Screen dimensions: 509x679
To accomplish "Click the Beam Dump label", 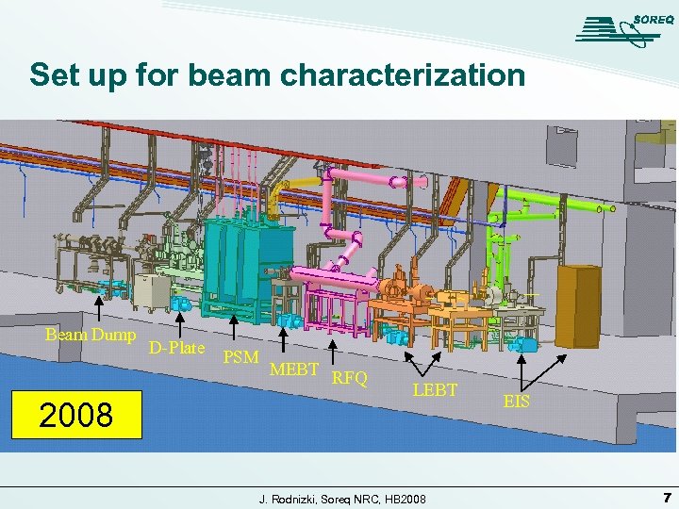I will (x=91, y=335).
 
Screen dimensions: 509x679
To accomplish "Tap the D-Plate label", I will (x=176, y=348).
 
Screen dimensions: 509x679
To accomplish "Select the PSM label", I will (x=240, y=357).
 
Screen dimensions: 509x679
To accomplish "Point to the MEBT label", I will (x=293, y=369).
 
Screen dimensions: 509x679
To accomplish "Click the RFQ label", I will (x=349, y=379).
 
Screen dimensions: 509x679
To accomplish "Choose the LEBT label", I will (x=435, y=389).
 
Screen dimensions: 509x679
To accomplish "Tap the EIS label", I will (x=516, y=402).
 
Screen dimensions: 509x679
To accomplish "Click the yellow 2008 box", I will (x=76, y=414).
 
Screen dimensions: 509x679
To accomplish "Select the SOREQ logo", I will (x=618, y=28).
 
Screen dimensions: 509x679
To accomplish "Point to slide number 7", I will (x=666, y=497).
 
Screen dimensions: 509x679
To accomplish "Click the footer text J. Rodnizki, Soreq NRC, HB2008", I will (x=342, y=498).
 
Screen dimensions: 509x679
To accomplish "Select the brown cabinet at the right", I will (x=578, y=293).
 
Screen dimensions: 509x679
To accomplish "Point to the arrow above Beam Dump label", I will (x=102, y=304).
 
